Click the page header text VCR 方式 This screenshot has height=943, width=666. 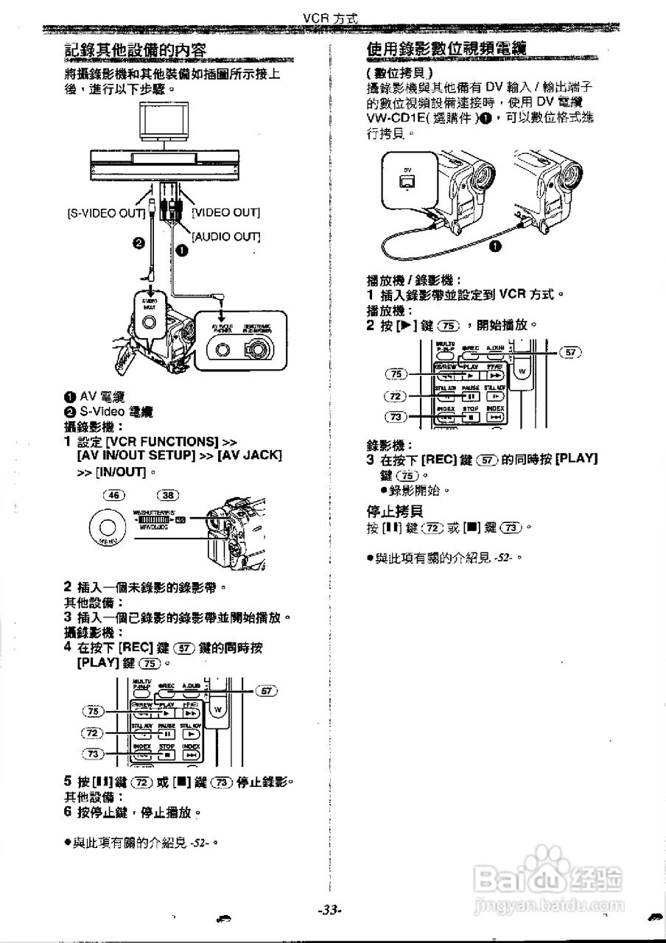click(x=330, y=18)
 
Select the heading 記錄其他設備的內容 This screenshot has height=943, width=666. click(x=135, y=50)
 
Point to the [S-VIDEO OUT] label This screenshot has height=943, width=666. click(x=105, y=213)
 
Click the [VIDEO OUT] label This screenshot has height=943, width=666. click(x=225, y=213)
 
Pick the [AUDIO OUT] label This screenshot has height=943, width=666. click(x=226, y=236)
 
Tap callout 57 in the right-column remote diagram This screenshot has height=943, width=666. click(x=570, y=352)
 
